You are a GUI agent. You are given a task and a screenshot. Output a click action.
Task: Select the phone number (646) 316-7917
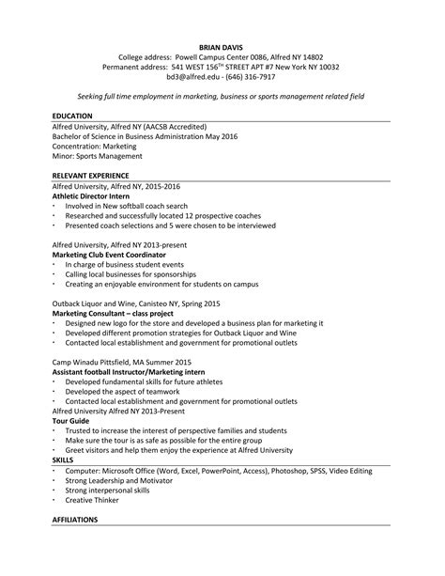(x=247, y=78)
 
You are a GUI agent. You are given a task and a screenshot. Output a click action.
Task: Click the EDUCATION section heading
(x=73, y=116)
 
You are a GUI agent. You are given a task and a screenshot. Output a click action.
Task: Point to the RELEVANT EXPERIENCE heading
(x=91, y=176)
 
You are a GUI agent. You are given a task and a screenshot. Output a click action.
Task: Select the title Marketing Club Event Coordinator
(x=109, y=255)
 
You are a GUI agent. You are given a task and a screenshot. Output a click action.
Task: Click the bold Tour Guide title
(x=71, y=422)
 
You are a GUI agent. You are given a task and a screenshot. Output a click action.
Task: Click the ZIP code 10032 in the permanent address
(x=324, y=67)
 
